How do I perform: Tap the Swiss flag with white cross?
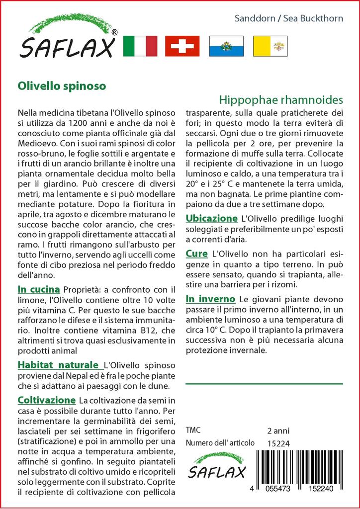coord(182,46)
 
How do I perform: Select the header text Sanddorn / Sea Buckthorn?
coord(295,19)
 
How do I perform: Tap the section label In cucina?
coord(38,289)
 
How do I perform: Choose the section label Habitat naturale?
coord(58,365)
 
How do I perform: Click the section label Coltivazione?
coord(46,400)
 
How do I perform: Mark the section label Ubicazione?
coord(211,218)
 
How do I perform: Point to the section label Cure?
coord(196,254)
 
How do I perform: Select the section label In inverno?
coord(210,299)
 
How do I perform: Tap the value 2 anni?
coord(278,430)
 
